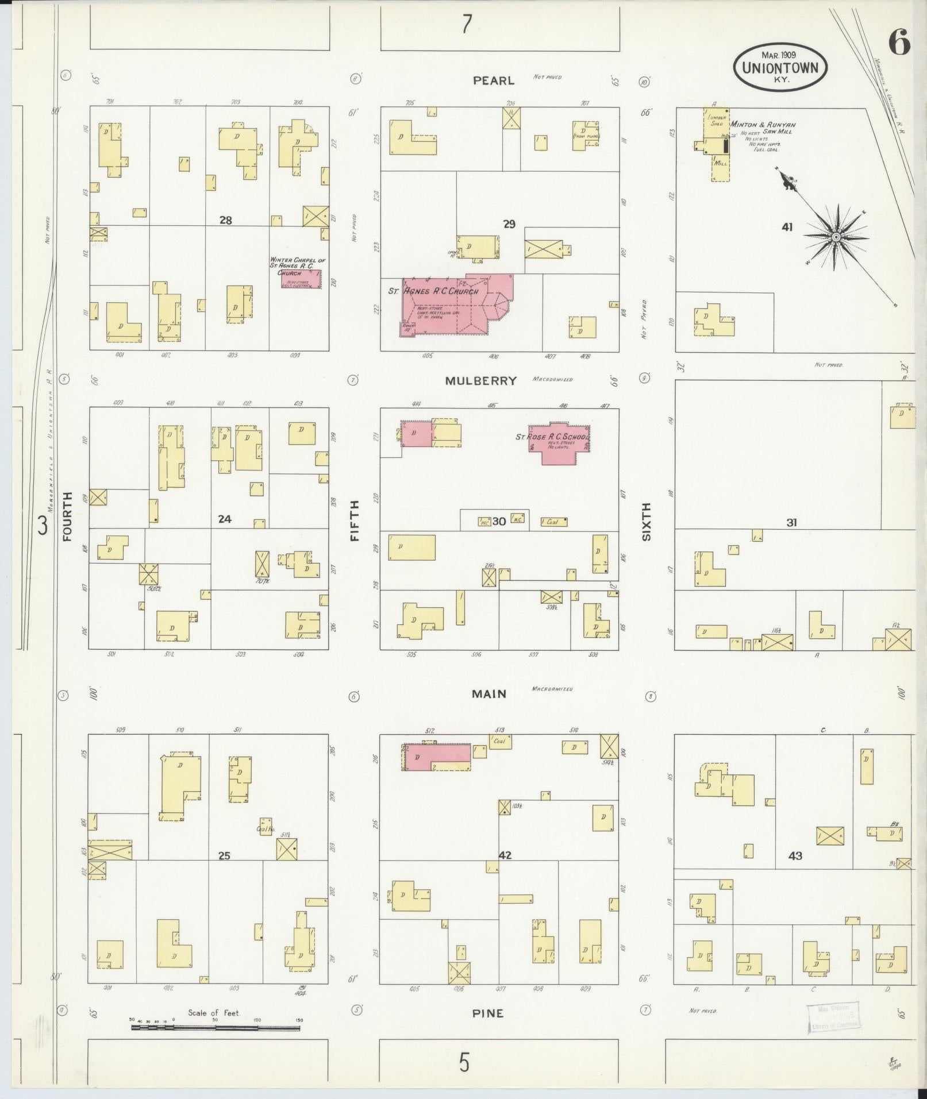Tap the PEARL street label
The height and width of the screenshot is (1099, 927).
click(x=493, y=81)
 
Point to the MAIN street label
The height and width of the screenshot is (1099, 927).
click(x=489, y=694)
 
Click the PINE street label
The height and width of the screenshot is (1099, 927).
click(x=487, y=1013)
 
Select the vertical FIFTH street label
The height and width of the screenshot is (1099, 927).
click(x=354, y=520)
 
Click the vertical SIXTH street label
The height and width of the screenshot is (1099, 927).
click(x=646, y=521)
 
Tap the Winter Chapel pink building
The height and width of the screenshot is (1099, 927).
click(x=297, y=279)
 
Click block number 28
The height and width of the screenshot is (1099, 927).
click(x=225, y=220)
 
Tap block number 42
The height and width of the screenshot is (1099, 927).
click(x=505, y=855)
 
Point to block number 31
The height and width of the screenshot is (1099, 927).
click(x=791, y=523)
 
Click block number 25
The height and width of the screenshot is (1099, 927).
click(x=224, y=855)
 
